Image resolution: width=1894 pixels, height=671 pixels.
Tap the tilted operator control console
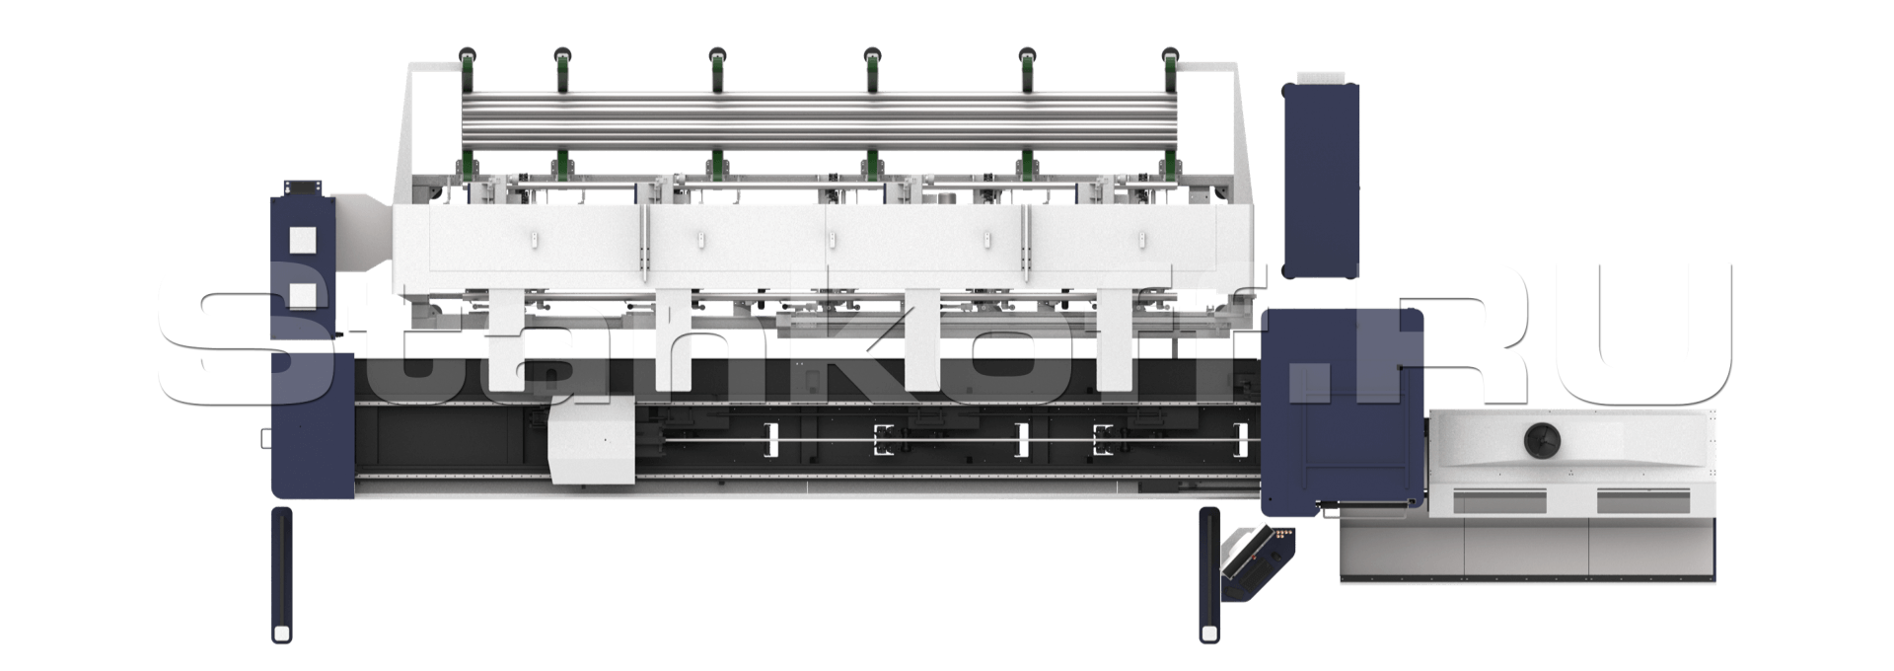1258,563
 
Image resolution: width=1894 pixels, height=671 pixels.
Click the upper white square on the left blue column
302,240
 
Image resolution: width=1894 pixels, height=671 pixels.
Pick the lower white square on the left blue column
302,296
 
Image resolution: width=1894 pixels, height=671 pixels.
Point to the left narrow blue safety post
282,575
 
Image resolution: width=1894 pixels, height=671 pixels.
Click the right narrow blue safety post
1209,575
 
